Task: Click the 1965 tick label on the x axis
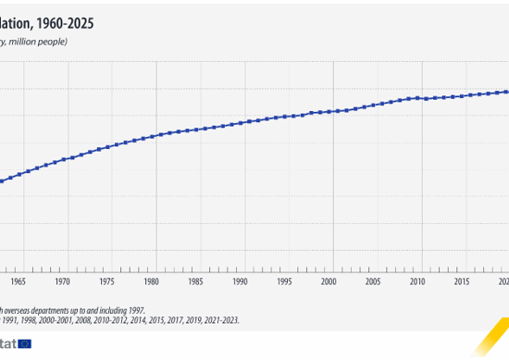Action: (18, 280)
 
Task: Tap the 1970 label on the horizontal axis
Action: (62, 280)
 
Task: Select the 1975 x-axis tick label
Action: (106, 280)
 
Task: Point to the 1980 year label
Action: (151, 280)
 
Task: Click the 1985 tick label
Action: (195, 280)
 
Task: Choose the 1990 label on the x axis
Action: (240, 280)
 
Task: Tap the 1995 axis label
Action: (284, 280)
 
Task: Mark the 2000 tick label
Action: (329, 280)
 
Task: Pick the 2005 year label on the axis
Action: (373, 280)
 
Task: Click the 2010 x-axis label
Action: (417, 280)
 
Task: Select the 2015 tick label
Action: (461, 280)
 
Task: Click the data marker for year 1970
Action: (63, 159)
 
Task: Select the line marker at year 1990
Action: (240, 122)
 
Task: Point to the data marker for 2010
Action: (417, 97)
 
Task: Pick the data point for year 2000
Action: (329, 112)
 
